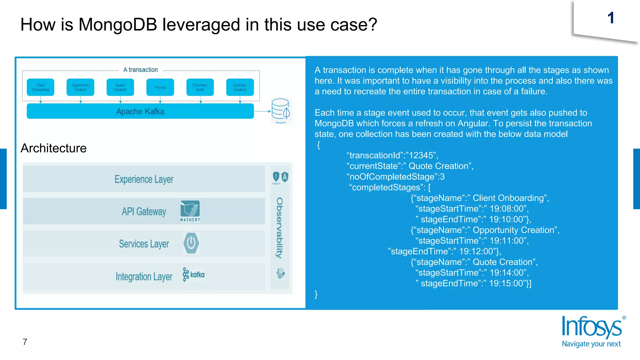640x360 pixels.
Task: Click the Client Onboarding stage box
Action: (40, 87)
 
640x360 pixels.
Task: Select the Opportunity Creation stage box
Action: (80, 87)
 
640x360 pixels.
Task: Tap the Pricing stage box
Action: (160, 87)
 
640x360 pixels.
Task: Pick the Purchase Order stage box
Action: (200, 87)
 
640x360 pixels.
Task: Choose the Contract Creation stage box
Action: (240, 87)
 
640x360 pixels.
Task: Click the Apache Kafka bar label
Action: (140, 112)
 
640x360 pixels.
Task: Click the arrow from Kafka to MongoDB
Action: (262, 111)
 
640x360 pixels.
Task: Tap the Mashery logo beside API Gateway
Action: (190, 211)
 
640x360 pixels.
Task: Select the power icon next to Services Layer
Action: (191, 243)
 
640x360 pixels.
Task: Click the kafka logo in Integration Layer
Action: (194, 275)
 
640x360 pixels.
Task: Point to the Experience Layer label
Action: (144, 179)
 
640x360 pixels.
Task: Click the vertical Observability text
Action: (279, 228)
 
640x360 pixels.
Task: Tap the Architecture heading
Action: (53, 148)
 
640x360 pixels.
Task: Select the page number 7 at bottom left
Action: (25, 342)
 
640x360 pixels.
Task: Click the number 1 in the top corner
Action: (611, 18)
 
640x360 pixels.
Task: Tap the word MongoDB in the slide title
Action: (118, 24)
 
